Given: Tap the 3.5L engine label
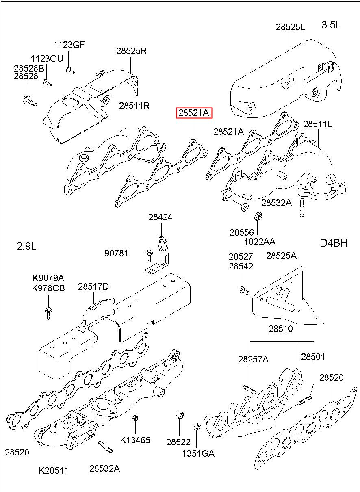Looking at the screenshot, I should click(x=331, y=25).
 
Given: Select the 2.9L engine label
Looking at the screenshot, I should click(x=26, y=246).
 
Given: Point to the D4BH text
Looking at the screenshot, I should click(x=334, y=243).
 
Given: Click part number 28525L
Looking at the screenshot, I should click(x=290, y=27).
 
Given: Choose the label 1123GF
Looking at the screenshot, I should click(x=69, y=45).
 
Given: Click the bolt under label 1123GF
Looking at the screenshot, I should click(x=69, y=70).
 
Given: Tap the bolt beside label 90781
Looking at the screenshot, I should click(x=148, y=254).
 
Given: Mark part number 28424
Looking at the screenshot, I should click(x=160, y=217).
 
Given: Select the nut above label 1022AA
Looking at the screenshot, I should click(x=257, y=217).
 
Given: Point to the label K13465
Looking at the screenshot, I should click(x=135, y=440).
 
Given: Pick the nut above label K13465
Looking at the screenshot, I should click(x=136, y=418).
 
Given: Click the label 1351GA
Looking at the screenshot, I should click(x=198, y=453).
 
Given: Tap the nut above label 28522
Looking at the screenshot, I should click(x=179, y=416).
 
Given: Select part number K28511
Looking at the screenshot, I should click(x=54, y=471).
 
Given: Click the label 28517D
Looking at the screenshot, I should click(x=93, y=287).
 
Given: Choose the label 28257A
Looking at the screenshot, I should click(x=254, y=359).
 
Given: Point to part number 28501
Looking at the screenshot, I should click(x=313, y=357).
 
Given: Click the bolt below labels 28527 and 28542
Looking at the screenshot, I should click(x=243, y=290).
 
